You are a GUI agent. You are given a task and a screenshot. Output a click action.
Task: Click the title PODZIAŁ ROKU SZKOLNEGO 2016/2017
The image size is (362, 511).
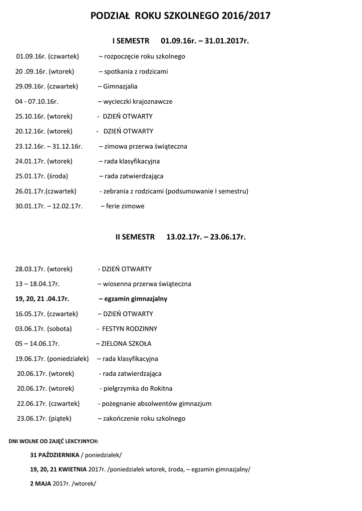[181, 16]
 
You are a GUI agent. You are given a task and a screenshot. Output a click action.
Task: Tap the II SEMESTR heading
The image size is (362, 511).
[135, 237]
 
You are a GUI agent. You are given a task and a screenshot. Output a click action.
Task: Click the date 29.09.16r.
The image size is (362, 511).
[30, 86]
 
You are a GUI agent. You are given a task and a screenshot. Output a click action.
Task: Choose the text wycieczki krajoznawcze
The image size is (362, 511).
[137, 101]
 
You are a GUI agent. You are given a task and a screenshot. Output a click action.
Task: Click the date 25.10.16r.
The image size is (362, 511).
[30, 116]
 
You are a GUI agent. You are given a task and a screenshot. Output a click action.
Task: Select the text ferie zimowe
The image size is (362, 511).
[125, 206]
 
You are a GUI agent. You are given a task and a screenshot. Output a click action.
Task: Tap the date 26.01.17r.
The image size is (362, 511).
[30, 191]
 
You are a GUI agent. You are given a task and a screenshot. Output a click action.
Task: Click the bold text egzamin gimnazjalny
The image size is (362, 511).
[136, 299]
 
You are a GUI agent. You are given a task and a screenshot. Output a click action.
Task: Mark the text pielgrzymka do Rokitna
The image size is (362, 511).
[138, 388]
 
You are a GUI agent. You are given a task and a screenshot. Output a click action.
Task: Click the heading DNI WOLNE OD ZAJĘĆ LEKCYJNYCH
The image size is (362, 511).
[54, 441]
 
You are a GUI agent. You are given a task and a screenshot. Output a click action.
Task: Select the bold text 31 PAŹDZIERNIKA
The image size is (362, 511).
[54, 455]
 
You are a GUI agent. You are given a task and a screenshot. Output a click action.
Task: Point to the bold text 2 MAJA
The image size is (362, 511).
[40, 484]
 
